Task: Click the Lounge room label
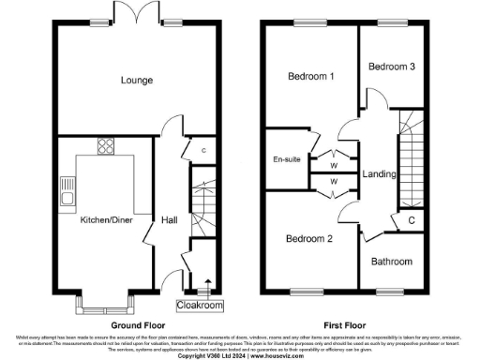click(x=136, y=81)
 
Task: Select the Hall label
click(x=169, y=219)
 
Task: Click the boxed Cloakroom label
click(x=199, y=306)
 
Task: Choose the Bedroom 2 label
click(x=308, y=238)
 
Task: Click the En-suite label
click(x=286, y=159)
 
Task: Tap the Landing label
click(x=379, y=174)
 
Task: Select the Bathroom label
click(x=390, y=262)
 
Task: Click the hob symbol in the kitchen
click(x=104, y=146)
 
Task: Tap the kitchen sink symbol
click(x=66, y=192)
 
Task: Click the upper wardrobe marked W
click(x=333, y=157)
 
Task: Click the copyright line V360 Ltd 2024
click(x=240, y=355)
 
